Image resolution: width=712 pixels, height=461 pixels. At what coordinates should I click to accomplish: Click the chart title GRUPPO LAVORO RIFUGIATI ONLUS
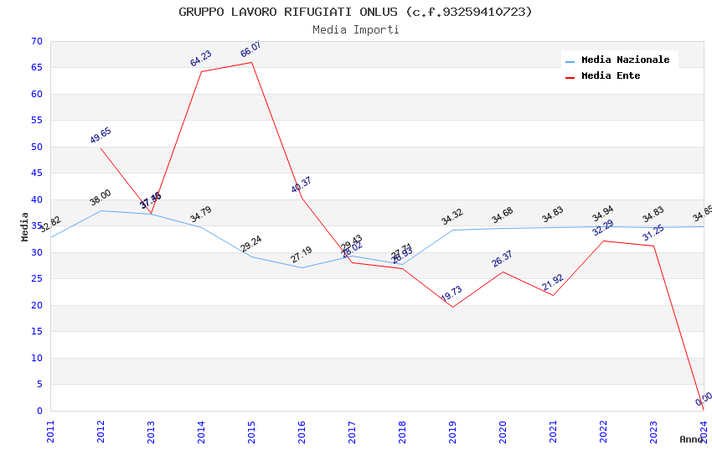(355, 12)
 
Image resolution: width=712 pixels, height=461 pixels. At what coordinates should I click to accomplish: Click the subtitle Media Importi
(355, 30)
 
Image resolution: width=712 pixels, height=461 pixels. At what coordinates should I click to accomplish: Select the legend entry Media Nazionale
(625, 60)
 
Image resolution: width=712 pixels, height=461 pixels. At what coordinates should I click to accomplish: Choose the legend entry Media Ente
(611, 76)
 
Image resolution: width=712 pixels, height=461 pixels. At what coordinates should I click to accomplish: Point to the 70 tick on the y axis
(35, 41)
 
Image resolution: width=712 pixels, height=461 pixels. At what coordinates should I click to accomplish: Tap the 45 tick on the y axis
(35, 174)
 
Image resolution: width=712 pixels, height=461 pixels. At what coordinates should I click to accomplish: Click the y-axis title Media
(25, 226)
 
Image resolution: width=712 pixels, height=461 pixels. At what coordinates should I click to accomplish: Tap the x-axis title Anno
(691, 439)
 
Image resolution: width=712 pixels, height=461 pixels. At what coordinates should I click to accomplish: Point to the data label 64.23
(201, 59)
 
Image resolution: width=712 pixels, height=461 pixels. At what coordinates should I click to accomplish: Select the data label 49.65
(101, 136)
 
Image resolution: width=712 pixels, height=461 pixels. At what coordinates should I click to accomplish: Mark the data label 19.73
(451, 294)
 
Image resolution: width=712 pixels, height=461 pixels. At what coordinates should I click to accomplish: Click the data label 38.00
(101, 198)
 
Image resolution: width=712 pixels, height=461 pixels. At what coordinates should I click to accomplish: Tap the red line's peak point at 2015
(252, 62)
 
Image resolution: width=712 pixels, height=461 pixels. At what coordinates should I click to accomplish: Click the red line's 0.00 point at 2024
(704, 411)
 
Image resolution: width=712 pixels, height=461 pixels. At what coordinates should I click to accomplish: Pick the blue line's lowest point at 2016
(302, 267)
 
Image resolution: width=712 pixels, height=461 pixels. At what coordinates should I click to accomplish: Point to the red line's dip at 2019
(452, 307)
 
